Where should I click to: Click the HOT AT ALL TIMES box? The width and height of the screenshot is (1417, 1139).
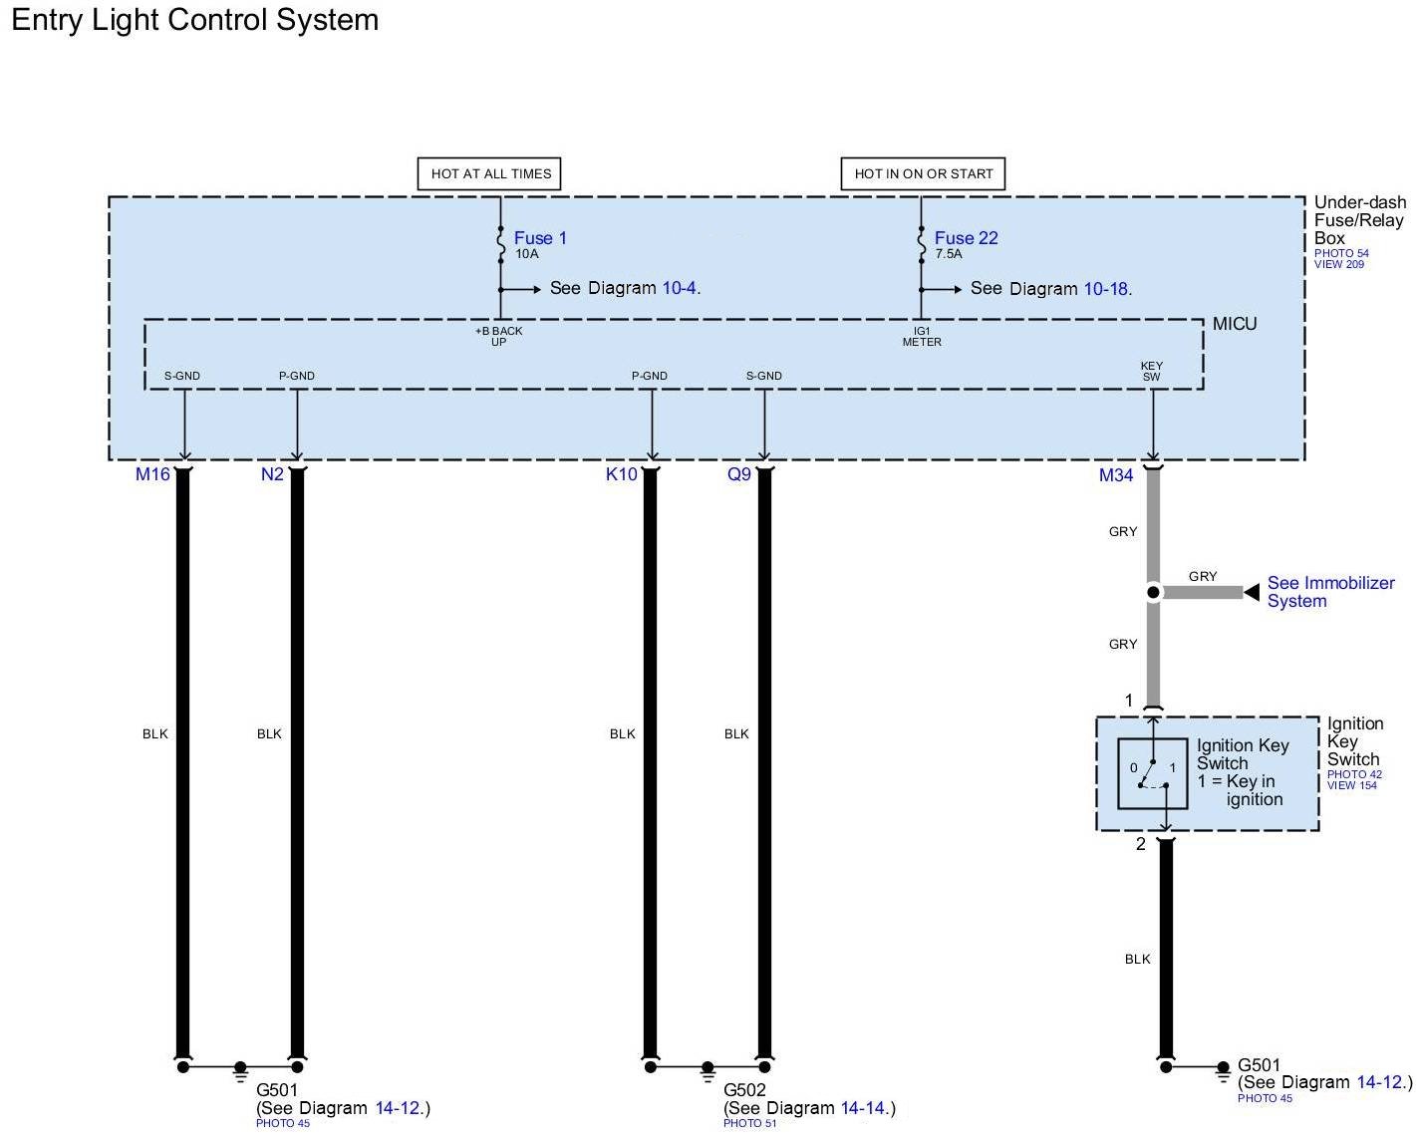click(490, 173)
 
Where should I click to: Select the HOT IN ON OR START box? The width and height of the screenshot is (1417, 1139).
click(923, 173)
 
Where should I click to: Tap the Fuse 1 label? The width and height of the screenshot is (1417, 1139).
click(540, 238)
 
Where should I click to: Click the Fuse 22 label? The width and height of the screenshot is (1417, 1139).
click(966, 238)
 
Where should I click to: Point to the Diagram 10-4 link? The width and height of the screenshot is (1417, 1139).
click(679, 288)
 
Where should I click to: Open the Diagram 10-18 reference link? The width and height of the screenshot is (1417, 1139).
click(1105, 289)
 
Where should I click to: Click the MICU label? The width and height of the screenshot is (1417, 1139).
click(1235, 324)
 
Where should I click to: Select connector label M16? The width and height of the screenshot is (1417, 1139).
click(152, 474)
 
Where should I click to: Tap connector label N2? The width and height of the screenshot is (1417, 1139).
click(272, 474)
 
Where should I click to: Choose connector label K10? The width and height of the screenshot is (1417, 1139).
click(621, 474)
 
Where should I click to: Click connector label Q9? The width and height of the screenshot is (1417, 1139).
click(738, 474)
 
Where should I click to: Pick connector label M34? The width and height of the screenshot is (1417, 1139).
click(1116, 475)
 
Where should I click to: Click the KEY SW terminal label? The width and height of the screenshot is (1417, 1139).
click(1152, 372)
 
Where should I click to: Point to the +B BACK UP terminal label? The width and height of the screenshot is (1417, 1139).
click(498, 336)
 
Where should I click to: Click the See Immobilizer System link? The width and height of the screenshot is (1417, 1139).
click(1330, 592)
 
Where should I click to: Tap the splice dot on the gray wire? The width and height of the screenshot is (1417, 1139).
click(1153, 593)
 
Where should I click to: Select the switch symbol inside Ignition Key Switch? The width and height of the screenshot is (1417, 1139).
click(1153, 773)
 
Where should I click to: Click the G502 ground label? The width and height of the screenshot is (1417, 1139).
click(743, 1090)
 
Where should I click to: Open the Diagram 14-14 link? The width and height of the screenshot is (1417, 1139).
click(863, 1108)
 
